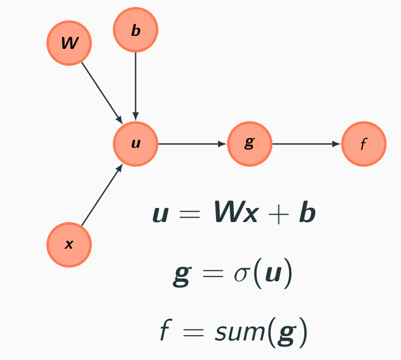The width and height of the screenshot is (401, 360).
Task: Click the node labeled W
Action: point(69,43)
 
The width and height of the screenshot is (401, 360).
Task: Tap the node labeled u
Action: point(136,144)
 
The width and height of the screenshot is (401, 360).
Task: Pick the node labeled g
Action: point(249,144)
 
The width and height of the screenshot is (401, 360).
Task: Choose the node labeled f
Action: point(364,144)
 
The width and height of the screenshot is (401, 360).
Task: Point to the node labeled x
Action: point(69,245)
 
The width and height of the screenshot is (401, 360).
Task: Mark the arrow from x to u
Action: point(101,195)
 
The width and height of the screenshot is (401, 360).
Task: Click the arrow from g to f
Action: point(306,144)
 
